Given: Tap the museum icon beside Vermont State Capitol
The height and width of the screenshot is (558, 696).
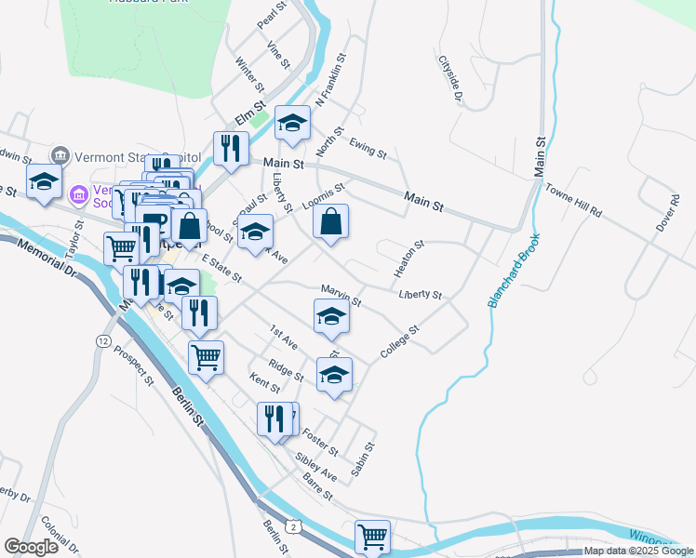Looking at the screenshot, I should point(61,154).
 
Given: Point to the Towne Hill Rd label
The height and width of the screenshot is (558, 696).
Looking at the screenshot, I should point(573,199).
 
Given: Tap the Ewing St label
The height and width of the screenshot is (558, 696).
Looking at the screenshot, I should point(368,145).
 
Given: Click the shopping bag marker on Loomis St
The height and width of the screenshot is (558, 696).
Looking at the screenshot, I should point(331,222).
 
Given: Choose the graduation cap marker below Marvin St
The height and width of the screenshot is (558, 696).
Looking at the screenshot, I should point(332,317).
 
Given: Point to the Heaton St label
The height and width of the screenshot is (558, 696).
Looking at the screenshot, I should point(409,259).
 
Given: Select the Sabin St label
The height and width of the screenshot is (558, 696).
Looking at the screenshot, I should point(363,459).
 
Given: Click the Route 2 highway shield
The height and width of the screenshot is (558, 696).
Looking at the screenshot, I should point(293,527).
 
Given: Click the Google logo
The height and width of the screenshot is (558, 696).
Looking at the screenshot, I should point(32,547).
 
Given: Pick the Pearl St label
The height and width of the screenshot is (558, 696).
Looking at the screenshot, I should point(267,16).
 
